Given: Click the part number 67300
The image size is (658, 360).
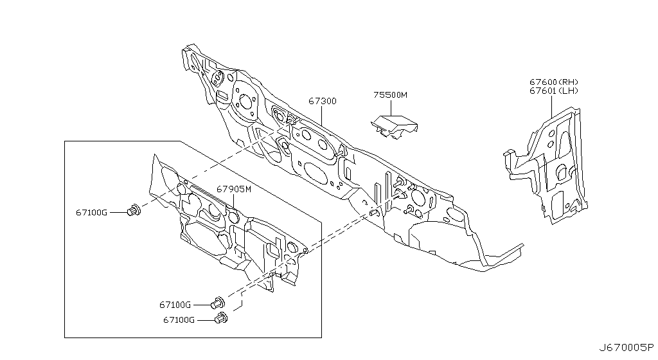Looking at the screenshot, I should (322, 102).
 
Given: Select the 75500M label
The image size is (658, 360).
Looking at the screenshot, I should (390, 95).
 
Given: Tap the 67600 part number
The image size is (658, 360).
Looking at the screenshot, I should (544, 82).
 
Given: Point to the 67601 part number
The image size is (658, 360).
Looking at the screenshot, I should (544, 91).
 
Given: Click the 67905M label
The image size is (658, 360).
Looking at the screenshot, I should (233, 190).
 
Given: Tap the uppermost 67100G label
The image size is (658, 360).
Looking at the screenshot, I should (91, 212).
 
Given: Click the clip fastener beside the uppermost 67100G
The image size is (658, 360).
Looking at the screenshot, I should (134, 210).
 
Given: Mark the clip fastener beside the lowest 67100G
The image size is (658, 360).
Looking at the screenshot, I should (222, 318).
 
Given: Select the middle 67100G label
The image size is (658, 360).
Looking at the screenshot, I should (175, 305).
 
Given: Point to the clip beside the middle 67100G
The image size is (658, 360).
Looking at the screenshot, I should (218, 302).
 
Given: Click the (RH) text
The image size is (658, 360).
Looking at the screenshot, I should (569, 82).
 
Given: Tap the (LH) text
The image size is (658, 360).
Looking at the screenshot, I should (569, 91).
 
